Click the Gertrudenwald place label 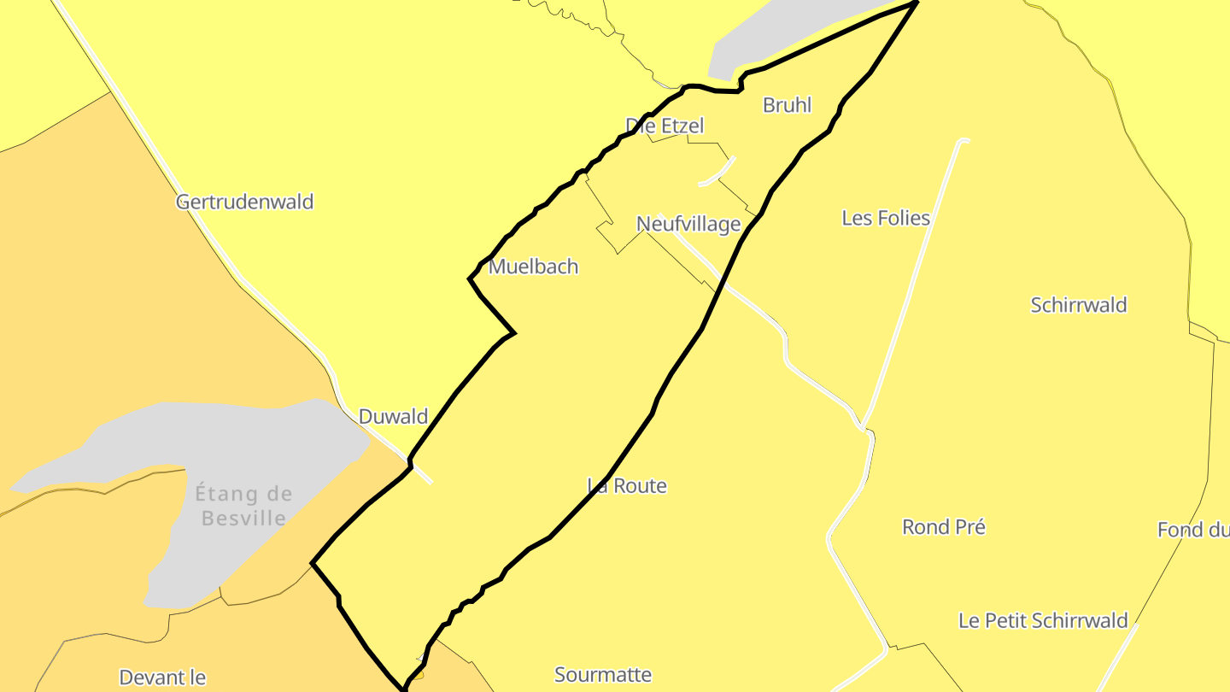(x=244, y=202)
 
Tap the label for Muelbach (x=533, y=267)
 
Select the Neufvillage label (x=688, y=224)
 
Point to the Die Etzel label (x=665, y=126)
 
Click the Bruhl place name (x=787, y=105)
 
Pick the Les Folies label (x=886, y=218)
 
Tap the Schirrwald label (x=1079, y=305)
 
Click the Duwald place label (x=393, y=417)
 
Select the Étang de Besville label (x=243, y=505)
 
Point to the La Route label (x=627, y=486)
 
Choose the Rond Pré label (x=944, y=527)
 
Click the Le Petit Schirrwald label (x=1043, y=621)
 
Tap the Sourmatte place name (x=603, y=675)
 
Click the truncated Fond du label (x=1193, y=530)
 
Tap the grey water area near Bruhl (x=769, y=34)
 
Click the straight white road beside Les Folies (x=914, y=282)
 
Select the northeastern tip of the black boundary (x=917, y=3)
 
